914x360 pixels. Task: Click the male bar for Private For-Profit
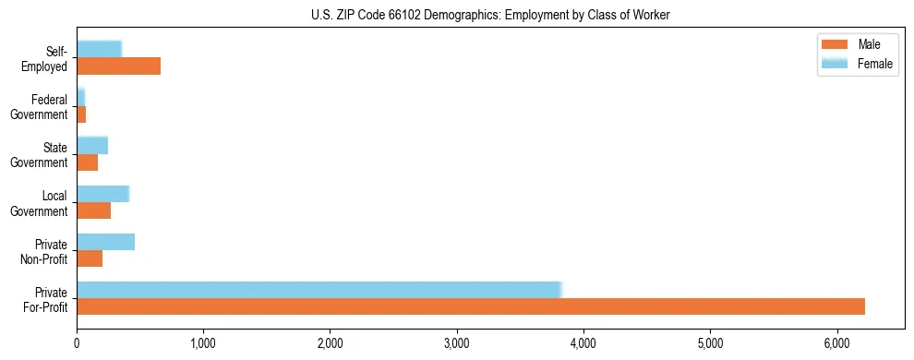click(471, 306)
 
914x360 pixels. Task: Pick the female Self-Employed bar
click(99, 49)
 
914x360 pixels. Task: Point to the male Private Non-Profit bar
click(90, 258)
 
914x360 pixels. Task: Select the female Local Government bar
click(102, 194)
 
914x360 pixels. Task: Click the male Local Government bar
click(93, 210)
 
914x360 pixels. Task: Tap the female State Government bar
click(92, 145)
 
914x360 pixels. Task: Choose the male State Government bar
click(87, 162)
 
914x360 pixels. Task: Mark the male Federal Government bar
click(81, 114)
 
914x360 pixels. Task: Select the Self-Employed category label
click(49, 58)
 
